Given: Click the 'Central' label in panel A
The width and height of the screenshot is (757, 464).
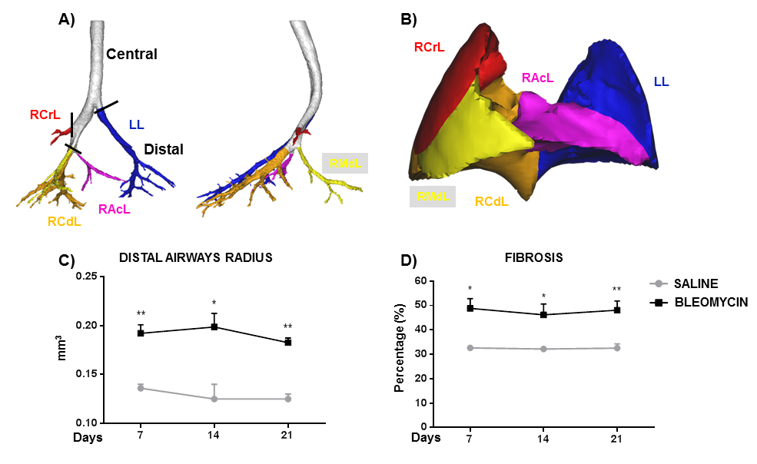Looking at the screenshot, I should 131,55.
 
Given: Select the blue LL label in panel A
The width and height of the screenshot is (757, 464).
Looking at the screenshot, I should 137,124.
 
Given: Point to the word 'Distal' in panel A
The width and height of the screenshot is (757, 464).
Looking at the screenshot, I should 163,149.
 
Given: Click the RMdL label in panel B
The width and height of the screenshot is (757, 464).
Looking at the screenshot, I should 432,197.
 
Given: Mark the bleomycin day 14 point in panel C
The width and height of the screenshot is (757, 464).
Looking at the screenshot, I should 214,326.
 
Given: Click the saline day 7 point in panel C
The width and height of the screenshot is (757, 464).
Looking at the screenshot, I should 140,388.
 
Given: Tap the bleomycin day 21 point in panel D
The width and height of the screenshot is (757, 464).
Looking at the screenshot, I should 616,310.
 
